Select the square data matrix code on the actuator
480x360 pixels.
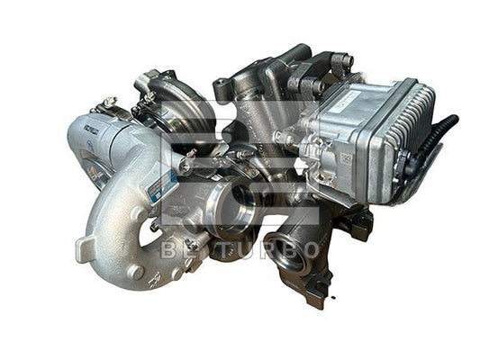point(345,158)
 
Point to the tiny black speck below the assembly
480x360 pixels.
point(332,298)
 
